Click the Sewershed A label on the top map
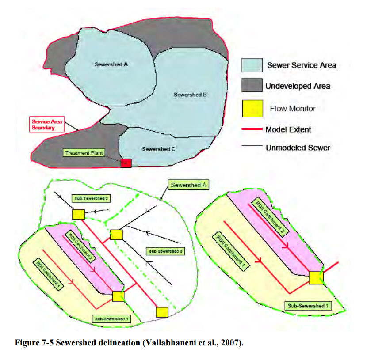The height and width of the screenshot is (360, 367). (x=111, y=64)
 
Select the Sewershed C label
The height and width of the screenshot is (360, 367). (x=159, y=149)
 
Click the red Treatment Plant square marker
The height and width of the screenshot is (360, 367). (x=126, y=163)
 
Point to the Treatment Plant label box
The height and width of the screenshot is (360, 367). (x=84, y=153)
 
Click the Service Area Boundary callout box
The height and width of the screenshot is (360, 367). (x=46, y=124)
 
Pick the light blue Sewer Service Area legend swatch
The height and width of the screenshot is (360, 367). (x=252, y=65)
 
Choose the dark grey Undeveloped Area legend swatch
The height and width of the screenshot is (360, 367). (x=252, y=86)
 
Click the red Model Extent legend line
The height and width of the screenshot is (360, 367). (x=252, y=129)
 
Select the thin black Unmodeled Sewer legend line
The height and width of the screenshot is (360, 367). (x=252, y=148)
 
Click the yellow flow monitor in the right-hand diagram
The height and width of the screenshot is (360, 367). (x=316, y=278)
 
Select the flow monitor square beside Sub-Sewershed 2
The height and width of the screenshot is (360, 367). (x=78, y=214)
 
